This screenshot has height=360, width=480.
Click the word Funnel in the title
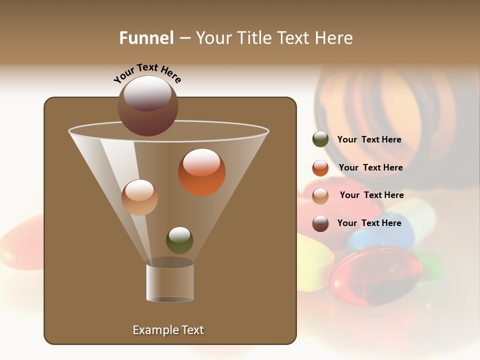click(x=146, y=38)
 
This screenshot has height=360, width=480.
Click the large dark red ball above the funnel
click(x=148, y=106)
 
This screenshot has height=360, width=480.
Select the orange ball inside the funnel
click(x=202, y=172)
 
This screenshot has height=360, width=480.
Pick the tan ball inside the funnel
click(x=139, y=197)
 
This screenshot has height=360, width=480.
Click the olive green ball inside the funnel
click(x=179, y=240)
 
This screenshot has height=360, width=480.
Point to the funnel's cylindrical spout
click(x=170, y=282)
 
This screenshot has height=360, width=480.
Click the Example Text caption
click(x=168, y=330)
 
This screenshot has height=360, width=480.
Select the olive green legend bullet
click(x=320, y=139)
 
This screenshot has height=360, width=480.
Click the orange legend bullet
click(x=320, y=168)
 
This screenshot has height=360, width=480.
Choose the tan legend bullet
click(x=320, y=195)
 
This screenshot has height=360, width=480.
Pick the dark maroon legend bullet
click(x=320, y=223)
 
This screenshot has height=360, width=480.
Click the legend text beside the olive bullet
click(x=369, y=140)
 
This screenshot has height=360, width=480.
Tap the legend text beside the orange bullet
click(x=370, y=168)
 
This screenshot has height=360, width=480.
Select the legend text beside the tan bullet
click(x=371, y=195)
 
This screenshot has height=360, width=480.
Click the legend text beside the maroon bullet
click(x=369, y=223)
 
